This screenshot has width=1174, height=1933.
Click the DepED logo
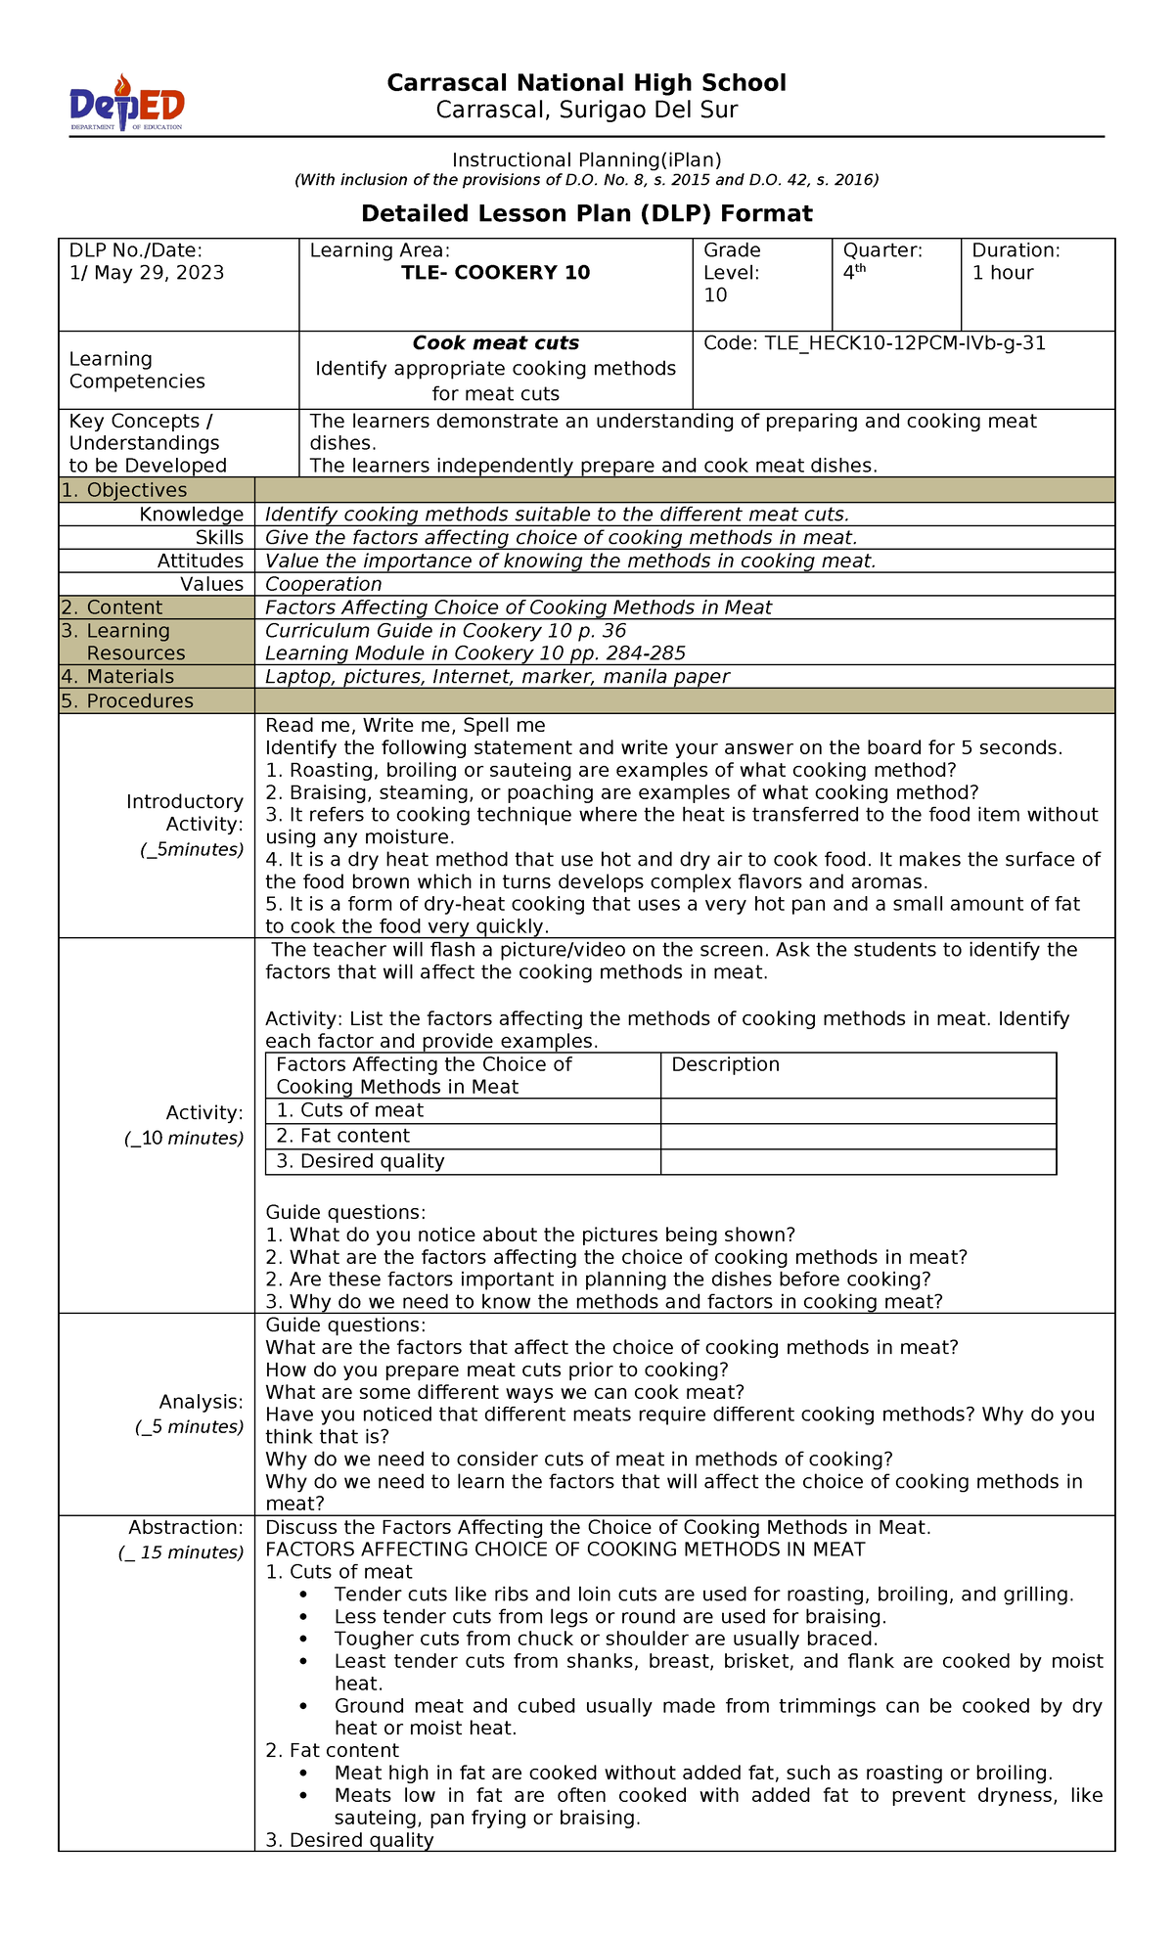pos(126,104)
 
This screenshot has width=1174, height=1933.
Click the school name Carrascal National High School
pos(586,83)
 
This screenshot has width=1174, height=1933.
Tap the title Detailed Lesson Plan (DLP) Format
pos(586,213)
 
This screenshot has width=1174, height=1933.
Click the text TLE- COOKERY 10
pos(495,273)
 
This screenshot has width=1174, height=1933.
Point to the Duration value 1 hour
pos(1002,273)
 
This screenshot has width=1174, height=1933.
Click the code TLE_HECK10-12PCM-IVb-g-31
pos(875,343)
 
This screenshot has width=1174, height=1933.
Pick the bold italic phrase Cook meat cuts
pos(495,343)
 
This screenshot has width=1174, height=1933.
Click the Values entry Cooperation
pos(323,584)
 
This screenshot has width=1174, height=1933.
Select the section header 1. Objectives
pos(123,490)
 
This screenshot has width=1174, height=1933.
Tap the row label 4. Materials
pos(117,677)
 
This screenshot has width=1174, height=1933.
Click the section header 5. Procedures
pos(127,701)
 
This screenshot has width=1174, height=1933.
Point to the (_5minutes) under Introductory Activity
pos(192,849)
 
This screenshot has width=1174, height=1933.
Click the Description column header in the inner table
pos(725,1064)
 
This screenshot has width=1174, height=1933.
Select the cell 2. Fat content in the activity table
pos(342,1136)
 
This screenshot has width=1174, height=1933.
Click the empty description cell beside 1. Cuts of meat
pos(858,1110)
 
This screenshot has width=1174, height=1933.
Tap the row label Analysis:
pos(202,1402)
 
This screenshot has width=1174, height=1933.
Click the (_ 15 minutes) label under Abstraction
pos(181,1552)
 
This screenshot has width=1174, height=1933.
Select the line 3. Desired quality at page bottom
pos(349,1840)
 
